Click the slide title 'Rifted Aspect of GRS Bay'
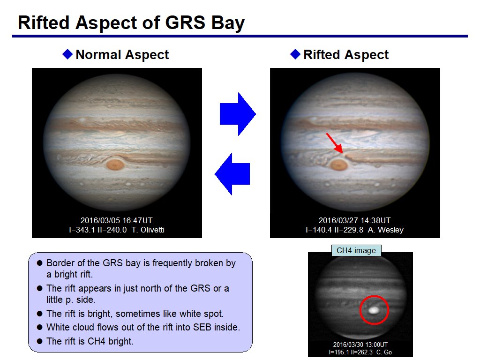[x=131, y=23]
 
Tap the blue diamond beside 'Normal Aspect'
[x=67, y=54]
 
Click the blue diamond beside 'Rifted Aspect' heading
[x=295, y=54]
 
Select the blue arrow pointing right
[x=238, y=114]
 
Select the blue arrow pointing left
[x=232, y=174]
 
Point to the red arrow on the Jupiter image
[x=334, y=143]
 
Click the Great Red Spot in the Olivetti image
[x=115, y=165]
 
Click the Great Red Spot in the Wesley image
[x=339, y=165]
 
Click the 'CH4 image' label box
[x=356, y=250]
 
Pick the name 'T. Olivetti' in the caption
[x=148, y=230]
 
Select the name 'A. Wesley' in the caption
[x=385, y=230]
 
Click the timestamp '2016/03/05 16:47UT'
[x=116, y=220]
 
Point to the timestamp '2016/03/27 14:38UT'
[x=354, y=220]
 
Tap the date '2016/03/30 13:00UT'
[x=360, y=345]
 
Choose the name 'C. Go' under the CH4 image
[x=384, y=352]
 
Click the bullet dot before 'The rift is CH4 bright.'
[x=39, y=341]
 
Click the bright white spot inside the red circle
[x=374, y=310]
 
